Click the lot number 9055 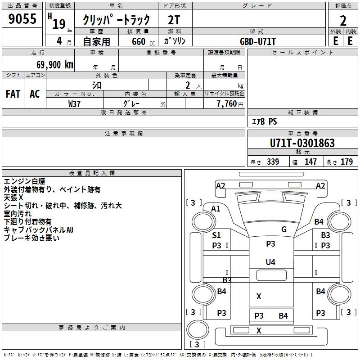tap(22, 19)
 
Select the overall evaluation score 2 tap(343, 20)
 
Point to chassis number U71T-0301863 tap(302, 143)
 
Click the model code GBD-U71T tap(258, 41)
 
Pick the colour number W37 tap(74, 103)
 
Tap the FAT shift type tap(13, 94)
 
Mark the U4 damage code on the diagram tap(270, 262)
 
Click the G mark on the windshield tap(283, 229)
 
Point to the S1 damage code tap(216, 235)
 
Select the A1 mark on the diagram tap(216, 208)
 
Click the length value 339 tap(272, 162)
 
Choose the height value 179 tap(347, 162)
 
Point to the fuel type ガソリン tap(175, 41)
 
